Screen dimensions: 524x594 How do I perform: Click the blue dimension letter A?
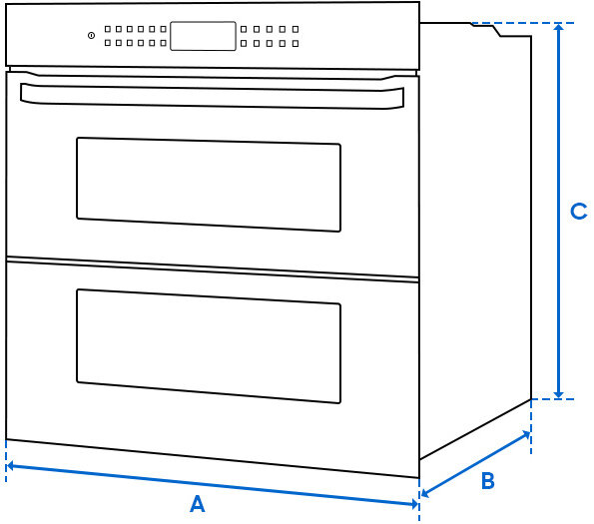(x=197, y=504)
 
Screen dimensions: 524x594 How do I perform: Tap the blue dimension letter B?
(x=487, y=481)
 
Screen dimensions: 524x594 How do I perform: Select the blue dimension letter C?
(x=577, y=212)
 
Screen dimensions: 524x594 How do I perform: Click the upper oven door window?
(x=209, y=185)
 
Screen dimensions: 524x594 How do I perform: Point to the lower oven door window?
(x=209, y=346)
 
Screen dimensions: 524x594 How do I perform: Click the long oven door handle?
(x=212, y=95)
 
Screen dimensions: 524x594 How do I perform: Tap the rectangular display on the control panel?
(x=203, y=36)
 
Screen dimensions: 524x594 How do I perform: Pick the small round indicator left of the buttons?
(x=91, y=36)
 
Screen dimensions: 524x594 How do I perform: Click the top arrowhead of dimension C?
(x=558, y=28)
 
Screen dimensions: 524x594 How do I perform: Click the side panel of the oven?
(x=474, y=240)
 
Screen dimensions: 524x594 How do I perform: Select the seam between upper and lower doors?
(x=212, y=267)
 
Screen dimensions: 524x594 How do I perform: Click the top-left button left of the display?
(x=107, y=30)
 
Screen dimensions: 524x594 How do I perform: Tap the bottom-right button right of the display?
(x=296, y=43)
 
